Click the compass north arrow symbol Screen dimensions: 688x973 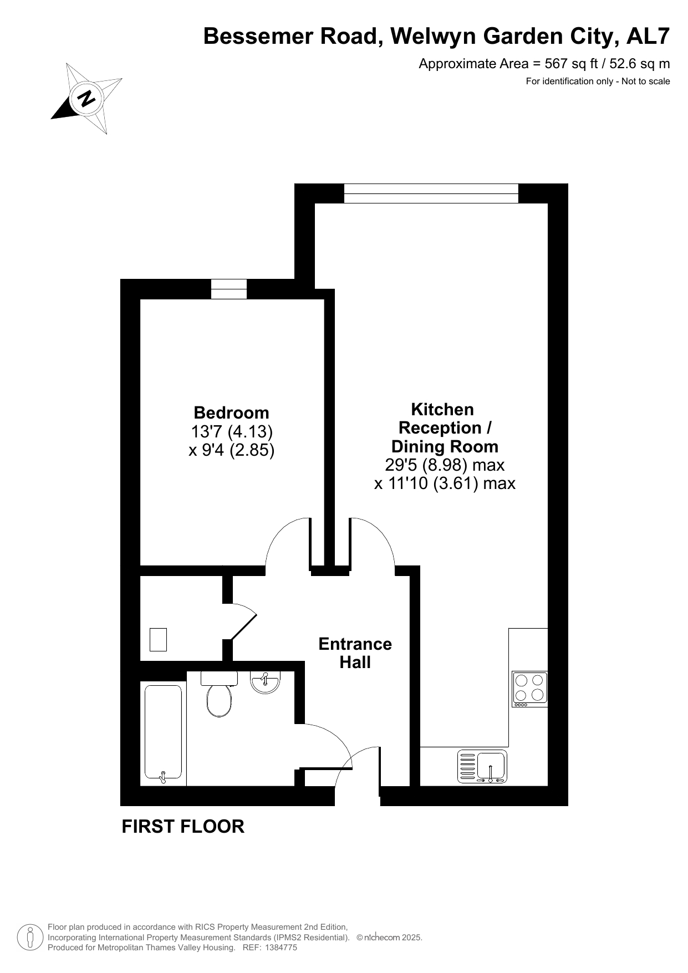coord(86,99)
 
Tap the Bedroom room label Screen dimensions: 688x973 coord(231,412)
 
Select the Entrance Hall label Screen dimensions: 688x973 coord(355,653)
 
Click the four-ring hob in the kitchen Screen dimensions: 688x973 coord(529,689)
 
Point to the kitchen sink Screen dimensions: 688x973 coord(482,766)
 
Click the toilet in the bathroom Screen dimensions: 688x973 coord(220,694)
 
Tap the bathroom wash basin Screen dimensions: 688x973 coord(266,682)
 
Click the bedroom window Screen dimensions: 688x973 coord(229,289)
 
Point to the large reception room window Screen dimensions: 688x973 coord(431,193)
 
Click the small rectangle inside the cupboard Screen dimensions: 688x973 coord(159,639)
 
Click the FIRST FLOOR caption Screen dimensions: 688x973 coord(183,826)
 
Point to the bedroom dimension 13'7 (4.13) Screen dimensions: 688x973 coord(232,431)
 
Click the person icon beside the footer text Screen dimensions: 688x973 coord(31,938)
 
